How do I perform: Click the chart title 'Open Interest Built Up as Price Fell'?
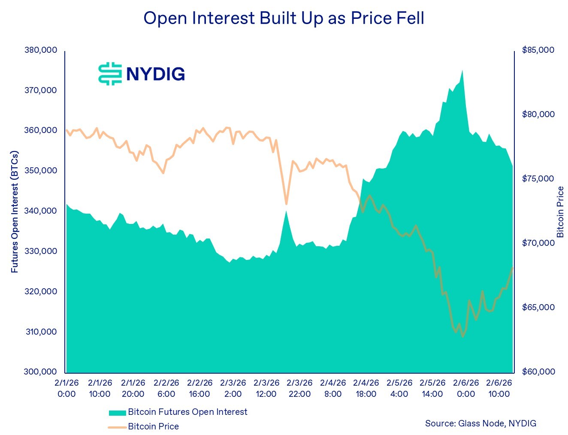coord(284,18)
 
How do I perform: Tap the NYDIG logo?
coord(142,74)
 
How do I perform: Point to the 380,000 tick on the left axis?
coord(41,50)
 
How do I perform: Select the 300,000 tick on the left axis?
coord(41,372)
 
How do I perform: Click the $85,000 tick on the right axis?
coord(538,50)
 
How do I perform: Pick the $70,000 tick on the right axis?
coord(538,243)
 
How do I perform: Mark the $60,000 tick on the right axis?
coord(538,372)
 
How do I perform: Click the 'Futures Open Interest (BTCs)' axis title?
coord(15,211)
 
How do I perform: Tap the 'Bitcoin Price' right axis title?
coord(560,212)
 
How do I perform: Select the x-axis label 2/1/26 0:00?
coord(66,388)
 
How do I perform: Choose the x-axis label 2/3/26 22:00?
coord(299,388)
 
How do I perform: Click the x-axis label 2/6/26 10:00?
coord(499,388)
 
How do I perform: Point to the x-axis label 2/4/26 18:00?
coord(366,388)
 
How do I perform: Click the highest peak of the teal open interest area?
coord(462,71)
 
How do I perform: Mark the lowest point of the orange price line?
coord(462,336)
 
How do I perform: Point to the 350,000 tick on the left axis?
coord(41,171)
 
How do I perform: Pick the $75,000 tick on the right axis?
coord(538,179)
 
